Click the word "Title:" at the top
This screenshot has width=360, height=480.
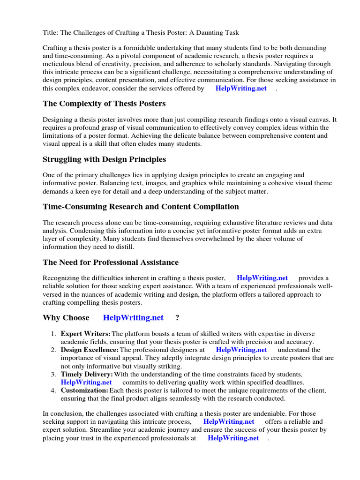click(51, 32)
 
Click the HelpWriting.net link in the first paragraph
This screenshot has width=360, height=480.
click(241, 88)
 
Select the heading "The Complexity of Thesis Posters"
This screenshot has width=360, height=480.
click(104, 103)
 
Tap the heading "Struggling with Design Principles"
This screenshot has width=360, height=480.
click(104, 159)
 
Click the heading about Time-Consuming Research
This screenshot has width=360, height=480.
click(141, 207)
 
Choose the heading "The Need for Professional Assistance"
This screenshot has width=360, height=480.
click(111, 262)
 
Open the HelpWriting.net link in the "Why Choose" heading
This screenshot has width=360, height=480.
click(133, 318)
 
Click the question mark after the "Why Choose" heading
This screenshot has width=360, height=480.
click(177, 318)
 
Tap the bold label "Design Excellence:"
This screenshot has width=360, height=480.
click(90, 350)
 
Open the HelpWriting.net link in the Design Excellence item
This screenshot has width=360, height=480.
click(241, 350)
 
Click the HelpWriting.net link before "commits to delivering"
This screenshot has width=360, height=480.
click(86, 382)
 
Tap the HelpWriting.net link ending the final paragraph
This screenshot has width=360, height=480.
click(233, 438)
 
